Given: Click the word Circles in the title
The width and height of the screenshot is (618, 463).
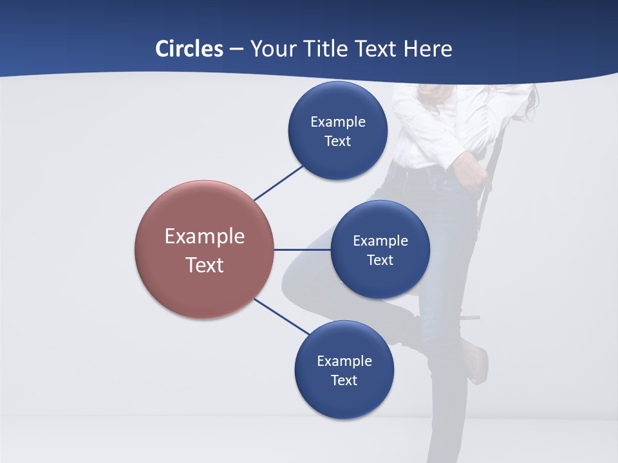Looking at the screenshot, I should (189, 49).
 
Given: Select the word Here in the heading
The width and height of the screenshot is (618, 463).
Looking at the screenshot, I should (427, 49).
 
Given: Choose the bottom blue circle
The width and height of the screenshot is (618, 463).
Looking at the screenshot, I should (344, 402).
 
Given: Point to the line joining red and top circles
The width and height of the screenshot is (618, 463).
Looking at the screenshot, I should (279, 183).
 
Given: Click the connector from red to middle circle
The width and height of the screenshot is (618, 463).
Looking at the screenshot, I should (302, 250).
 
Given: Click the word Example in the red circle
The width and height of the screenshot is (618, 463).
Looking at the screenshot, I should (204, 237).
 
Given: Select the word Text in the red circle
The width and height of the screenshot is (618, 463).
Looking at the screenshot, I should (204, 265).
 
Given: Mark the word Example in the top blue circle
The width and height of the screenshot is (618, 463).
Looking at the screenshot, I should (338, 122).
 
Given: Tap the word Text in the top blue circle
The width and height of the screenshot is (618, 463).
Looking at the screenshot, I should (337, 141).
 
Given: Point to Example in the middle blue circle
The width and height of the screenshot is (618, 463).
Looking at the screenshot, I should (380, 241).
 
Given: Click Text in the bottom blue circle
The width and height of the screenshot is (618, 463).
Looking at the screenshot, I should (344, 380).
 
